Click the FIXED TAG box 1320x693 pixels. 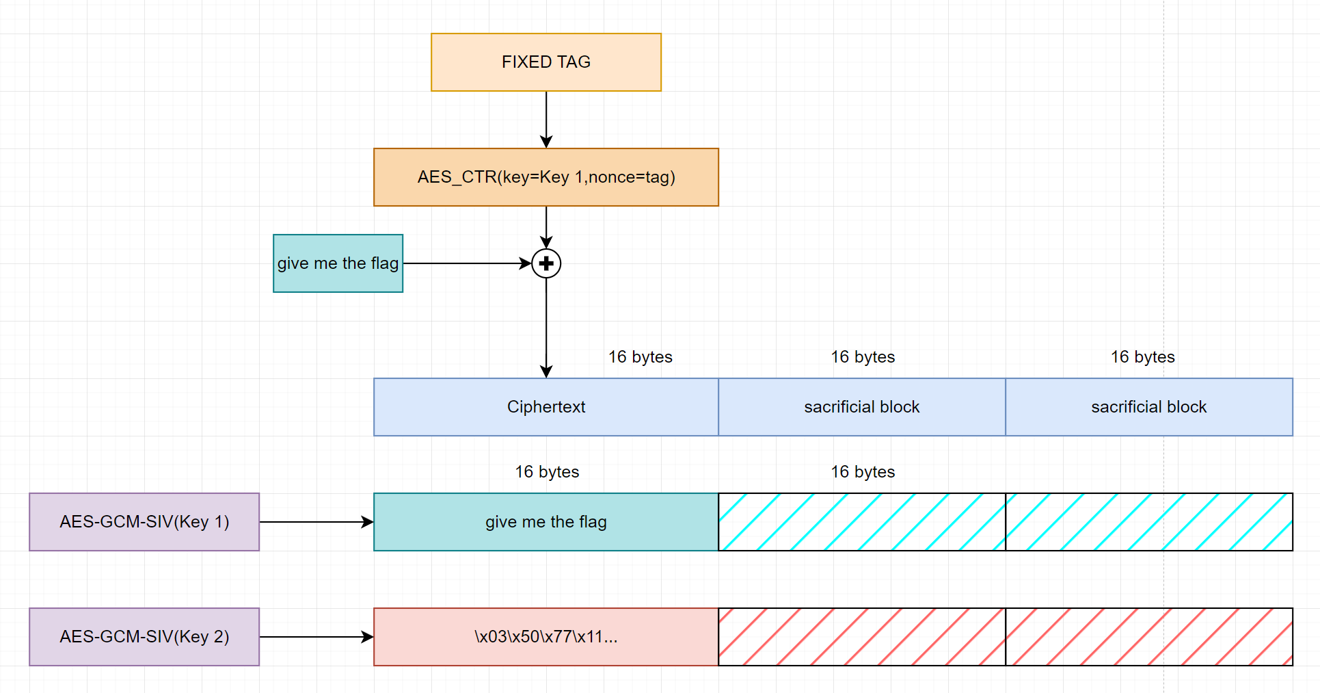click(x=545, y=62)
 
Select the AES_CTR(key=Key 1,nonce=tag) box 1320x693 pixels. click(x=545, y=177)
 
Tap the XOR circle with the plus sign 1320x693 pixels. click(x=546, y=263)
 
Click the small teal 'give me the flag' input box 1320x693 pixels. click(x=338, y=263)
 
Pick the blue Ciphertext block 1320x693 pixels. click(x=545, y=407)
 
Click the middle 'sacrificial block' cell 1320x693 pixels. click(x=861, y=407)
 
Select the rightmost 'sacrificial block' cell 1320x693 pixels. click(x=1148, y=407)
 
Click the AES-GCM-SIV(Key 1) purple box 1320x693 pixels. click(x=144, y=522)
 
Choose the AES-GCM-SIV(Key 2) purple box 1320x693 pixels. click(x=144, y=637)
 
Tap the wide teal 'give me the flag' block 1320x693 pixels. click(x=545, y=522)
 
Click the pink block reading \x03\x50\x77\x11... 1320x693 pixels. click(x=545, y=637)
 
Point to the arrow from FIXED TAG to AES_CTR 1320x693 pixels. click(x=546, y=120)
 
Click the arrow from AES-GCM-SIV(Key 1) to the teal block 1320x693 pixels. click(x=316, y=522)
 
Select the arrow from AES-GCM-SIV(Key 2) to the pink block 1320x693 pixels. click(x=316, y=637)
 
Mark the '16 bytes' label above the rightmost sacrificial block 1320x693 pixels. click(x=1142, y=357)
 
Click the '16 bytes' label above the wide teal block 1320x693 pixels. click(x=547, y=472)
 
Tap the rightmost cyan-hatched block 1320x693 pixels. click(x=1148, y=522)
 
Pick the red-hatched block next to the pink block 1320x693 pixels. click(x=861, y=637)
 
